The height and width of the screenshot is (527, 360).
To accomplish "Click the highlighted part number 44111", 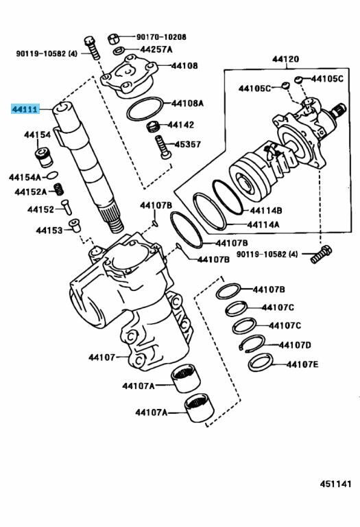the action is tap(25, 109).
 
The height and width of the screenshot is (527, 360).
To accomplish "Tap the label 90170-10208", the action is tap(161, 37).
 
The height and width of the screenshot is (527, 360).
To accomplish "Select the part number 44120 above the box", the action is tap(285, 59).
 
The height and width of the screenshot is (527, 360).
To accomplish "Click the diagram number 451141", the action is tap(335, 484).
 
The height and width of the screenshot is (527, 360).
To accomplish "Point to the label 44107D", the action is tap(295, 345).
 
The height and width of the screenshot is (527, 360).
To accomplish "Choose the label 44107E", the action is tap(302, 364).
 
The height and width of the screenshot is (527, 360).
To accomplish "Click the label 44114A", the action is tap(263, 224).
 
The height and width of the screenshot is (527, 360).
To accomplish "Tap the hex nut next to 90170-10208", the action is tap(114, 38).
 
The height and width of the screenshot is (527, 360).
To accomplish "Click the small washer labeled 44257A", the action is tap(119, 51).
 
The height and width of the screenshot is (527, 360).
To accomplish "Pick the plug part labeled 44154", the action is tap(44, 157).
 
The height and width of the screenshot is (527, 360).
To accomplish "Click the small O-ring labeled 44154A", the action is tap(52, 175).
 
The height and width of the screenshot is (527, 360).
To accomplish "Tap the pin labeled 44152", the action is tap(67, 207).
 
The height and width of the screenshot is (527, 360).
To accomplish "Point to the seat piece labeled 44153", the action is tap(75, 226).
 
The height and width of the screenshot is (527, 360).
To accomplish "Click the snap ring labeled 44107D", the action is tap(252, 344).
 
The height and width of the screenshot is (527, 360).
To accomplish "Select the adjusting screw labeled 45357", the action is tap(163, 148).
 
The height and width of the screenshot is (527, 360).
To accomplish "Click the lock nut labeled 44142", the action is tap(153, 127).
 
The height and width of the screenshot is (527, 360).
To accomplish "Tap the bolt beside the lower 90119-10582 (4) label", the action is tap(321, 255).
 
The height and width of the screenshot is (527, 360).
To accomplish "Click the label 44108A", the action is tap(187, 103).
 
